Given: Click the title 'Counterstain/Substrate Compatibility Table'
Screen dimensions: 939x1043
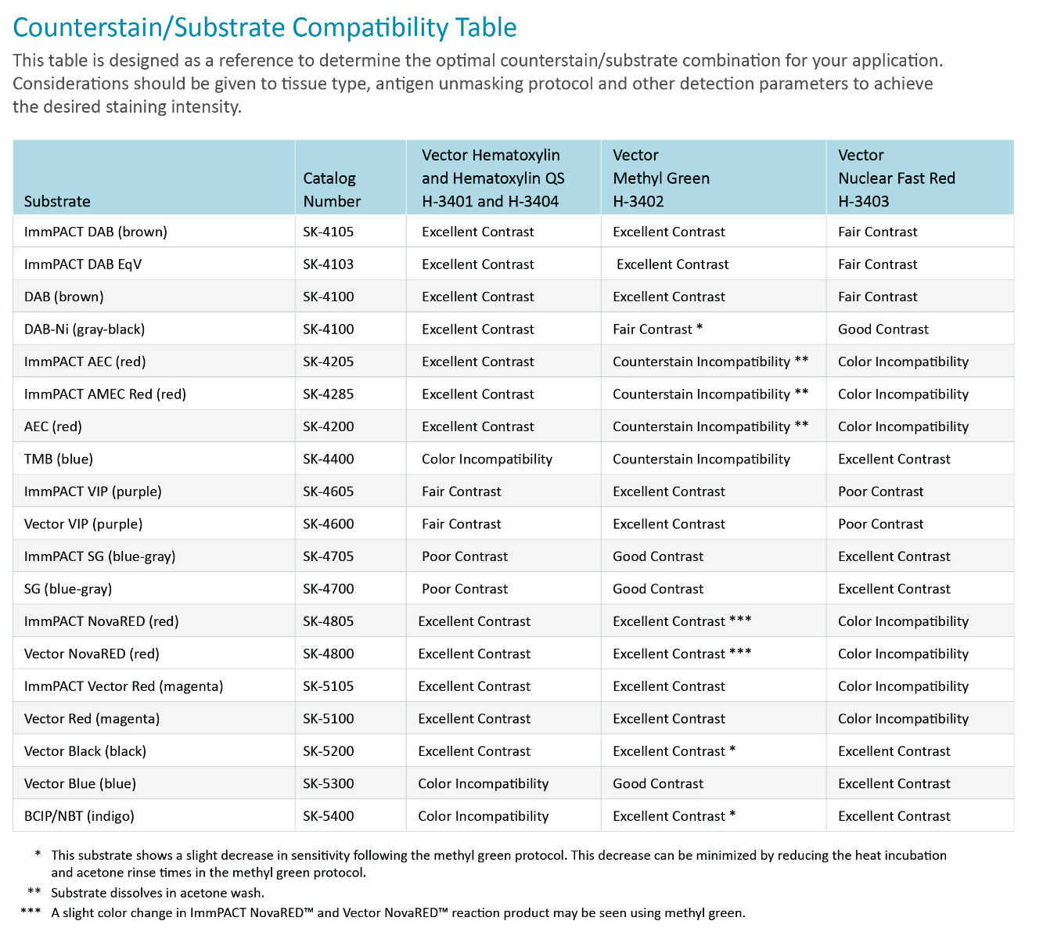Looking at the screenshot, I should pos(265,27).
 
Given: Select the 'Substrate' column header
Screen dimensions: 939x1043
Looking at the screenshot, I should pos(57,201).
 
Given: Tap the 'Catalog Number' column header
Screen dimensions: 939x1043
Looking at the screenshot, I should pos(332,189).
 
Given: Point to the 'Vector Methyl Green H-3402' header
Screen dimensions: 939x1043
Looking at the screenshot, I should pos(661,178).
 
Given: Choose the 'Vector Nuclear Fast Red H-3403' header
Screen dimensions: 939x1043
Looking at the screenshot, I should pos(897,178).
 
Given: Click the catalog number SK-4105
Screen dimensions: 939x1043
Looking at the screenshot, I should pos(329,232).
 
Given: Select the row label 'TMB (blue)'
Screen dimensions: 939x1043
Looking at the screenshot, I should pos(59,459).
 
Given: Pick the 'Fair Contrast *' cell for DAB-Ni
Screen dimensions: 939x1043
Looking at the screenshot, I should pos(658,329).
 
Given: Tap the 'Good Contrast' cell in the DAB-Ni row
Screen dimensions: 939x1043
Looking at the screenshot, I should pos(883,329).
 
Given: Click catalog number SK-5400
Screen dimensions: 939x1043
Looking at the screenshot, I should pos(329,816).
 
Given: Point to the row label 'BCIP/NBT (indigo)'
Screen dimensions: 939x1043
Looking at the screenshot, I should pos(79,816).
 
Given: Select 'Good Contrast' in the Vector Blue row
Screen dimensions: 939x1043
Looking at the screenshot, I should pos(658,783).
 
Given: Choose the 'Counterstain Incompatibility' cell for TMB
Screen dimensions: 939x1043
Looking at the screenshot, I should pos(701,459).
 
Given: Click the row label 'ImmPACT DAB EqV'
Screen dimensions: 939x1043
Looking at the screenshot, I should pos(83,264).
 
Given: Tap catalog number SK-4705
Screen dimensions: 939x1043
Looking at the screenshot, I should pos(329,556).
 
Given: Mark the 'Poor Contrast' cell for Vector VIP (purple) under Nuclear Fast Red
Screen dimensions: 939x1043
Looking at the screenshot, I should pos(881,524).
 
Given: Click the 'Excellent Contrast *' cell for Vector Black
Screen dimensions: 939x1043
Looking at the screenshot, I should pos(674,751).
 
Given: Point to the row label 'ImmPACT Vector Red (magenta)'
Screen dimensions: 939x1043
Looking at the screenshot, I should pos(124,686).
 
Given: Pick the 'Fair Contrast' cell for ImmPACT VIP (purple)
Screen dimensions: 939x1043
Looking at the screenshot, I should pos(462,491).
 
